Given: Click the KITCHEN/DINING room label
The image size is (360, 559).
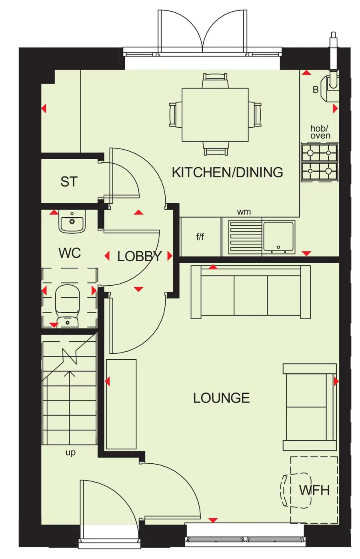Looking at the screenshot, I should (227, 172).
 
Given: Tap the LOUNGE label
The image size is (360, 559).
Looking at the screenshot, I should (221, 398).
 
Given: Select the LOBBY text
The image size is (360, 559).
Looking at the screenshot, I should (139, 256).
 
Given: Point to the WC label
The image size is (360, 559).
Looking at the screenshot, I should (70, 253).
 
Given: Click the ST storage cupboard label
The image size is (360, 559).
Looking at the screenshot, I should (69, 182).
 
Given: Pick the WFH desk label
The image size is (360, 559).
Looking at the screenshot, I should (314, 490).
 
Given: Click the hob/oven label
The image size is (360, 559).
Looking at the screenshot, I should (320, 132).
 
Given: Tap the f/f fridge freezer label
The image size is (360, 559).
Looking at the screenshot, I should (200, 237).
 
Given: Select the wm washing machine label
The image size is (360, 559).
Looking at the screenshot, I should (244, 212).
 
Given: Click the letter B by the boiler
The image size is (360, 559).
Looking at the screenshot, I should (316, 90).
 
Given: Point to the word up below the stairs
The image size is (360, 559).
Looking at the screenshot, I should (70, 453).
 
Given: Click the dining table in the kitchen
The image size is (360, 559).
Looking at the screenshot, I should (215, 115).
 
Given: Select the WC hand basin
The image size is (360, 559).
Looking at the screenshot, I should (72, 222).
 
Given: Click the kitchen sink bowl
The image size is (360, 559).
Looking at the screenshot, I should (278, 236).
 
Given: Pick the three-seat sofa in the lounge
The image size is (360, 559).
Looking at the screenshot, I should (251, 292).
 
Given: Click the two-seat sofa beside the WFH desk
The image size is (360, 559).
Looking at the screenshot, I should (310, 407).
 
